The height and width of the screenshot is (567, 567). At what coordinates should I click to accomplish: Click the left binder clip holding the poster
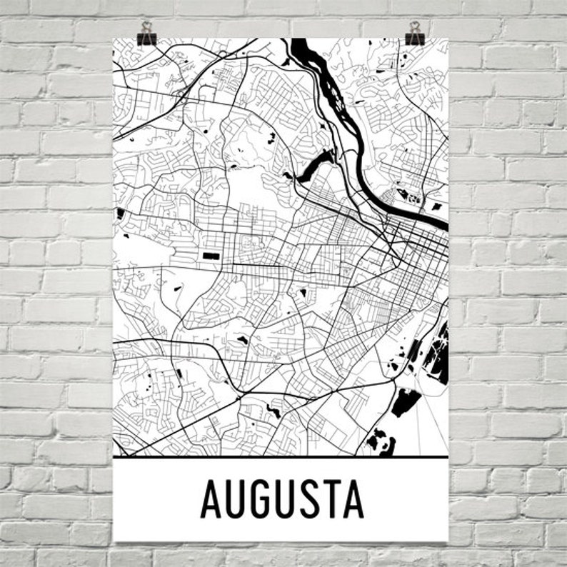coord(147,33)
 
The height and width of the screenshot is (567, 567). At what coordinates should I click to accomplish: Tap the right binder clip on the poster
coord(415,33)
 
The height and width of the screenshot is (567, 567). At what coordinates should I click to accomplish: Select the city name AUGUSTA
coord(282,500)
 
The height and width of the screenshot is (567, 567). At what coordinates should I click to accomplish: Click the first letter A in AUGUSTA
coord(211,500)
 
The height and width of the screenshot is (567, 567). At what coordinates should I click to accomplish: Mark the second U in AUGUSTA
coord(282,500)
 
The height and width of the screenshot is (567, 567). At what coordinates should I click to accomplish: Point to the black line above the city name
coord(281,456)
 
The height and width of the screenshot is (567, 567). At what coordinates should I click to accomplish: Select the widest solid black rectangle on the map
coord(212,255)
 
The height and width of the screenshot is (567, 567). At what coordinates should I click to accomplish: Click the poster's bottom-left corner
coord(114,541)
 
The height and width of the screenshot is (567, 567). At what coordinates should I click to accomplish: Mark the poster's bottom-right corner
coord(448,541)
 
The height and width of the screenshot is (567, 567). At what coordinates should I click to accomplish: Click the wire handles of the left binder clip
coord(146,26)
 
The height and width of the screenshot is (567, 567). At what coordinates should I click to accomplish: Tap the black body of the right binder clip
coord(415,39)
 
